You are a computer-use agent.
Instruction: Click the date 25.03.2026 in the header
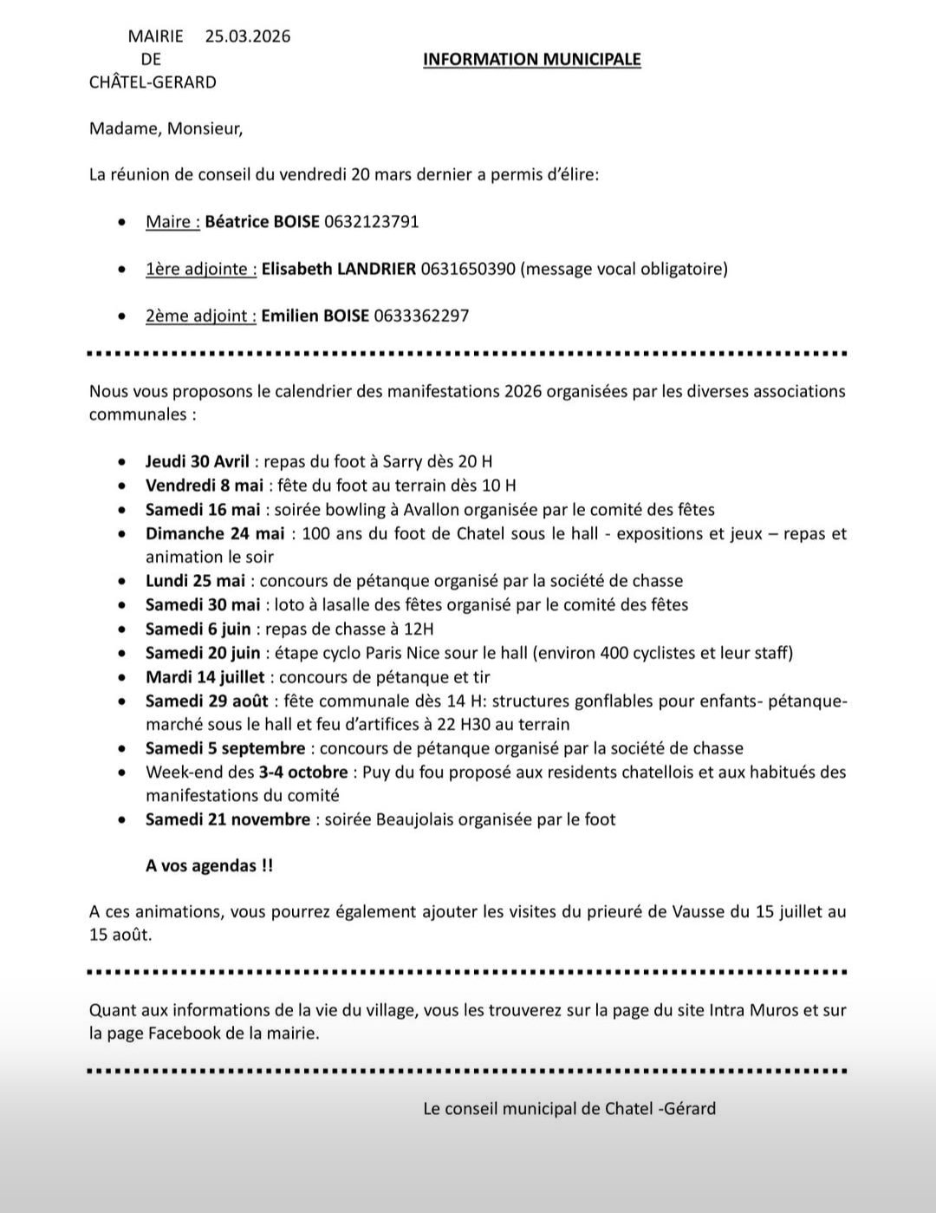(248, 36)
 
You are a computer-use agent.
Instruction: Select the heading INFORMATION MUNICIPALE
(531, 59)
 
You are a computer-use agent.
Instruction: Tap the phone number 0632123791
(372, 221)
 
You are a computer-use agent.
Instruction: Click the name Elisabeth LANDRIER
(339, 269)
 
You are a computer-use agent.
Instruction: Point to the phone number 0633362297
(421, 316)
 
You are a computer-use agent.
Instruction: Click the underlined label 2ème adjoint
(200, 316)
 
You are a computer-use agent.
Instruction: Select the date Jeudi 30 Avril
(198, 461)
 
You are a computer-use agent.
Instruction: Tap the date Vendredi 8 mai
(205, 486)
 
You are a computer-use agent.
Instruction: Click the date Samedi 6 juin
(198, 629)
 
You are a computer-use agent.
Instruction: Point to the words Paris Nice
(441, 653)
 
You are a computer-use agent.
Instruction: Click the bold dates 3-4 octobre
(303, 772)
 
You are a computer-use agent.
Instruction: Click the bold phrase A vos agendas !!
(209, 865)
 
